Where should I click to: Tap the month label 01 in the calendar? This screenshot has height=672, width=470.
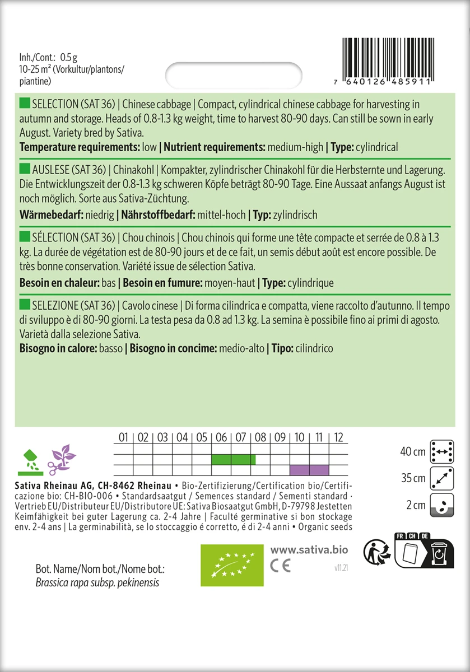pyautogui.click(x=124, y=437)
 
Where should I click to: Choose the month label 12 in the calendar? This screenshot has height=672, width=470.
pyautogui.click(x=338, y=437)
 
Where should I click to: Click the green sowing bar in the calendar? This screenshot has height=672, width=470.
pyautogui.click(x=234, y=460)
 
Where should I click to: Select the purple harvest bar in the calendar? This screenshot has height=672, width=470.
pyautogui.click(x=309, y=469)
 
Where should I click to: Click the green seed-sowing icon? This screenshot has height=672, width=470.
pyautogui.click(x=29, y=458)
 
